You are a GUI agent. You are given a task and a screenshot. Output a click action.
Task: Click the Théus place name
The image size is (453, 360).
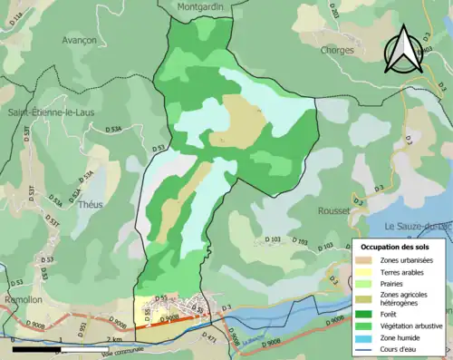pyautogui.click(x=92, y=205)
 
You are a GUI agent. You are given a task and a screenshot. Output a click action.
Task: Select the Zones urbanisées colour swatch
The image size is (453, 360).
pyautogui.click(x=367, y=261)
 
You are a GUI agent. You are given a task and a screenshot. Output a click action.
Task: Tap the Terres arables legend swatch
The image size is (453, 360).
pyautogui.click(x=367, y=273)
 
